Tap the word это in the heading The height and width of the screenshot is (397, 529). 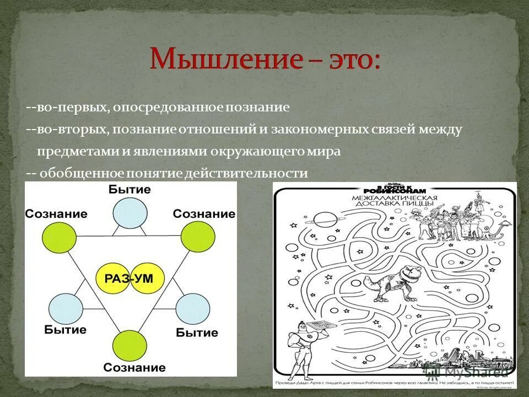coord(349,59)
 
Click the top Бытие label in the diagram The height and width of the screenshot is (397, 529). coord(130,190)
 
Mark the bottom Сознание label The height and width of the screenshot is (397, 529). coord(134,367)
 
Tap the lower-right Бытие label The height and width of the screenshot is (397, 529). coord(197,332)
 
